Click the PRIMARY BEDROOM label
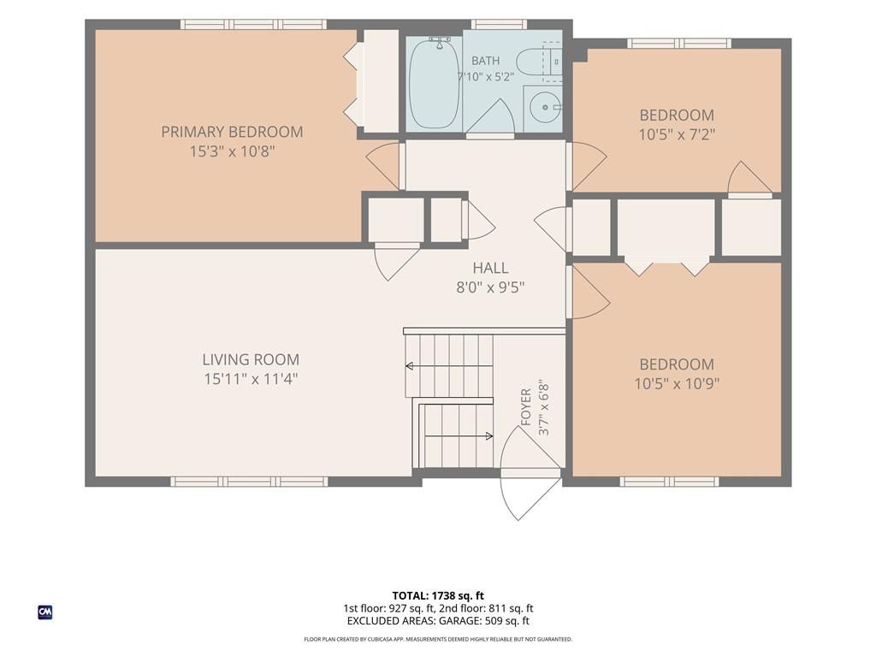[x=232, y=132]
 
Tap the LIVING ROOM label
[x=251, y=359]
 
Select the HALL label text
[x=490, y=268]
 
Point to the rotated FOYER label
[x=526, y=407]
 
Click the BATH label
[x=486, y=61]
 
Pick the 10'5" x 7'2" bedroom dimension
[x=678, y=134]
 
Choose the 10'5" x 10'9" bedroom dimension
[x=677, y=384]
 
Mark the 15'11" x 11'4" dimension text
[x=251, y=379]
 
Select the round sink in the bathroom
[x=543, y=107]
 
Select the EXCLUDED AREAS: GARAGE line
[x=438, y=621]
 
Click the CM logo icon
[x=45, y=613]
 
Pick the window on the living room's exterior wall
[x=249, y=482]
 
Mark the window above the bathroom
[x=499, y=24]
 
